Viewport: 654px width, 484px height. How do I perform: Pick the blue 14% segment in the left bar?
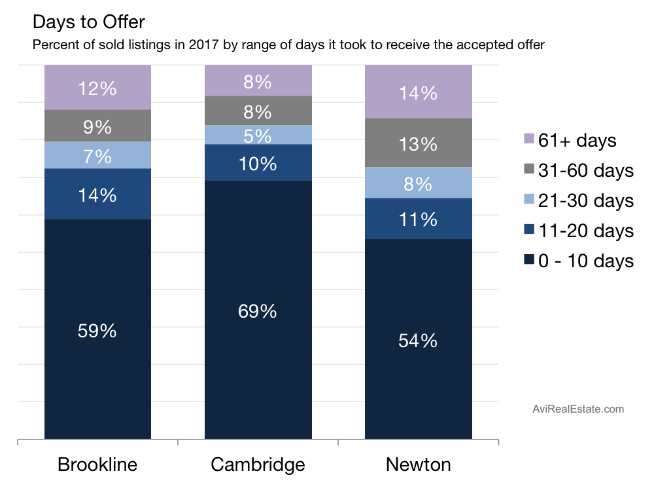point(97,194)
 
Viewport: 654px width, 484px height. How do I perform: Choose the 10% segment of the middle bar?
point(258,162)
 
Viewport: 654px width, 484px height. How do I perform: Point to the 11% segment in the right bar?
point(418,218)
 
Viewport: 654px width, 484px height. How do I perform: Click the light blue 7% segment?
point(97,155)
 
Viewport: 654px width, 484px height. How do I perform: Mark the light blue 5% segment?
point(258,135)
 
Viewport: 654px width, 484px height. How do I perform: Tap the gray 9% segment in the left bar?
point(97,126)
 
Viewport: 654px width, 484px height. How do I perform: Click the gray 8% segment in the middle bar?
point(258,111)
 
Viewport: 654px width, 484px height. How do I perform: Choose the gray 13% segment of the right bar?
point(418,143)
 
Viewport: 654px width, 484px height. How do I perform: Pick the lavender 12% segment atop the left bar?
point(97,87)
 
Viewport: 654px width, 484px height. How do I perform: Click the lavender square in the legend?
point(529,138)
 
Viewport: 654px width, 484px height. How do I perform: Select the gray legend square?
point(529,168)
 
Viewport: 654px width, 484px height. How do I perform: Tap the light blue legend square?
point(529,198)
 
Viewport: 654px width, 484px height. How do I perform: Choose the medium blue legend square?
point(529,229)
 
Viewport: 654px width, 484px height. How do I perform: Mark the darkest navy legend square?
point(529,259)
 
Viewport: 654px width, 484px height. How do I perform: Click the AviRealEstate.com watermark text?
point(578,409)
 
